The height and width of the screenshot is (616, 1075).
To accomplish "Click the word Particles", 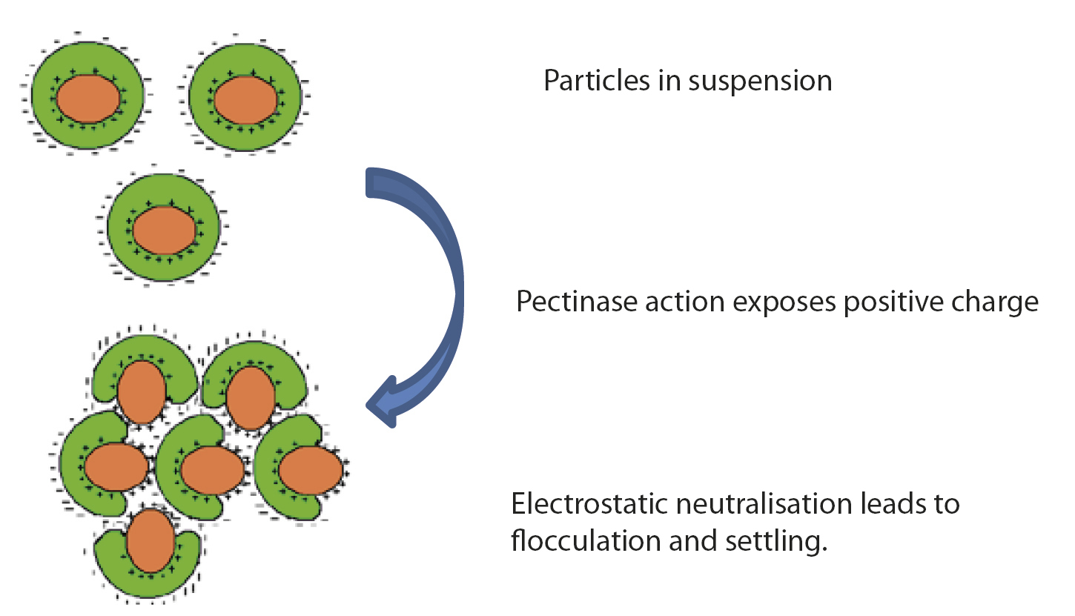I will pos(593,81).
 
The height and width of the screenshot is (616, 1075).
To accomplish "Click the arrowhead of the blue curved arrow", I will pos(383,404).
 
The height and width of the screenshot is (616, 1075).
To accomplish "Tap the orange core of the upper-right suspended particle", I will pos(245,99).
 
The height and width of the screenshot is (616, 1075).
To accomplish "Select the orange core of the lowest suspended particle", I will pos(164,231).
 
